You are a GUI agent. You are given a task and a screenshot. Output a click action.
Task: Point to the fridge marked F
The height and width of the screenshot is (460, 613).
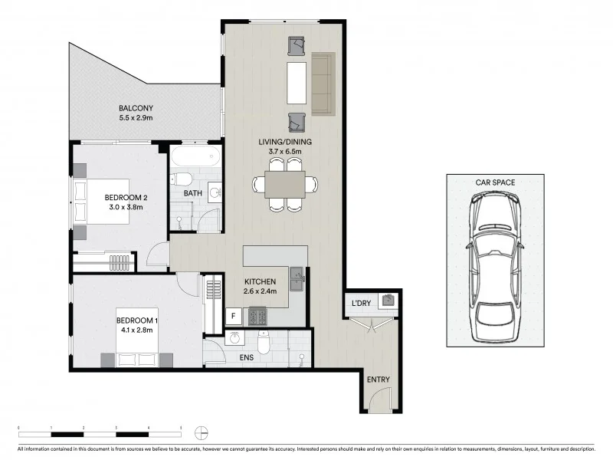click(231, 316)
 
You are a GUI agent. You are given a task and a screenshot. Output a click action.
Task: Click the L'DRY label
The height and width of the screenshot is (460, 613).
click(362, 302)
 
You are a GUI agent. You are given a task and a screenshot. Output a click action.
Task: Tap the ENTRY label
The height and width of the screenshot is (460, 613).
click(378, 379)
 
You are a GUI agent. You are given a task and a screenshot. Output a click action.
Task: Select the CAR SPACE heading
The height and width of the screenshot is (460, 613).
click(495, 182)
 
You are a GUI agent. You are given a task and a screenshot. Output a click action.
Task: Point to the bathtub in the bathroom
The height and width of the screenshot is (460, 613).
click(195, 158)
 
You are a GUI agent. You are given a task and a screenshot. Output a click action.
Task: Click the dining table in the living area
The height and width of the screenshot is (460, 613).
click(286, 184)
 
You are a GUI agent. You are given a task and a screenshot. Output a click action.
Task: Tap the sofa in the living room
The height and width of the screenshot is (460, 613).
click(323, 83)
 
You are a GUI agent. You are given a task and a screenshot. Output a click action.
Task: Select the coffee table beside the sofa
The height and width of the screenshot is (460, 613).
click(297, 83)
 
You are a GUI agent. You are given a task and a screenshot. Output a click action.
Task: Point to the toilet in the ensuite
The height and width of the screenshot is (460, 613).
click(263, 346)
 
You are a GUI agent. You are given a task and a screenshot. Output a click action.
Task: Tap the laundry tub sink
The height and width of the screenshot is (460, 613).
click(389, 300)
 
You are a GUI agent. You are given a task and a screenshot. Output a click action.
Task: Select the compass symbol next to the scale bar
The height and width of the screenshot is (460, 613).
click(201, 430)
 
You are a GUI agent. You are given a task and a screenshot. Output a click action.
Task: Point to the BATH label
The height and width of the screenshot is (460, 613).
click(192, 193)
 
